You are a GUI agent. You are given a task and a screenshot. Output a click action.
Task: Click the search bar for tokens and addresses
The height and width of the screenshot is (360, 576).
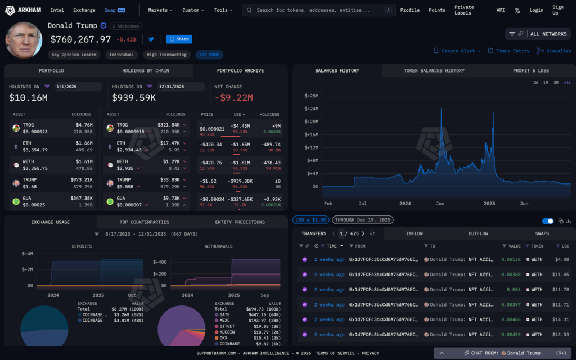[315, 10]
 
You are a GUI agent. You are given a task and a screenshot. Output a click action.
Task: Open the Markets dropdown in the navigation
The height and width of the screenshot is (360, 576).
[160, 10]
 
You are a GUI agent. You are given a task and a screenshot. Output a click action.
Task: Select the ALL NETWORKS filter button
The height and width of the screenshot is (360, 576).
[538, 34]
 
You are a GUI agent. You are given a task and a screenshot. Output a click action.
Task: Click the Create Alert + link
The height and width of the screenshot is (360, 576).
[457, 51]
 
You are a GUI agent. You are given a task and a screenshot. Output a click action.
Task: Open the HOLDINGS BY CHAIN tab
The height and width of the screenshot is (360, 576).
[146, 71]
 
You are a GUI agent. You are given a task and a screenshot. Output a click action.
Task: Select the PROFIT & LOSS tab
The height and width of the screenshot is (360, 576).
[531, 71]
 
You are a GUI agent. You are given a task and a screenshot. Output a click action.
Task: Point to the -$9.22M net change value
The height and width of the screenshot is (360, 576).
[233, 98]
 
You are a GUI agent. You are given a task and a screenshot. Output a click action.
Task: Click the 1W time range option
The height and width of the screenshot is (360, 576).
[535, 83]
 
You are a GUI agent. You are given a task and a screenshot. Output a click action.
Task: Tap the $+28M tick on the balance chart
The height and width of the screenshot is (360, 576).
[312, 96]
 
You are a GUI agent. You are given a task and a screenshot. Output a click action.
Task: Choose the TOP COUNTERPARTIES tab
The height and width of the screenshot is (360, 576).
[144, 222]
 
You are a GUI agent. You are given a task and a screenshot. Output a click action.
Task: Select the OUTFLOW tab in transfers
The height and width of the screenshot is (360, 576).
[478, 233]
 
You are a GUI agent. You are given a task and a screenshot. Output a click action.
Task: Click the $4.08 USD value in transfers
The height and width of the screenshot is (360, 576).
[562, 260]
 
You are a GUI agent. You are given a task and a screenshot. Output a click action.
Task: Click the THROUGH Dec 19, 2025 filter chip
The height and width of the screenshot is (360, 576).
[363, 220]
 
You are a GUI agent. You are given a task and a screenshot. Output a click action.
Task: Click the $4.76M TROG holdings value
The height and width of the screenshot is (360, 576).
[84, 125]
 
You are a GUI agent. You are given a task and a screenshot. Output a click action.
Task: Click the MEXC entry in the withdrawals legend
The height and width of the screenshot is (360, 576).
[228, 320]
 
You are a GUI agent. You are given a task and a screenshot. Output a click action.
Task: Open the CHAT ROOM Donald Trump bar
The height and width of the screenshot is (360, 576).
[503, 353]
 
